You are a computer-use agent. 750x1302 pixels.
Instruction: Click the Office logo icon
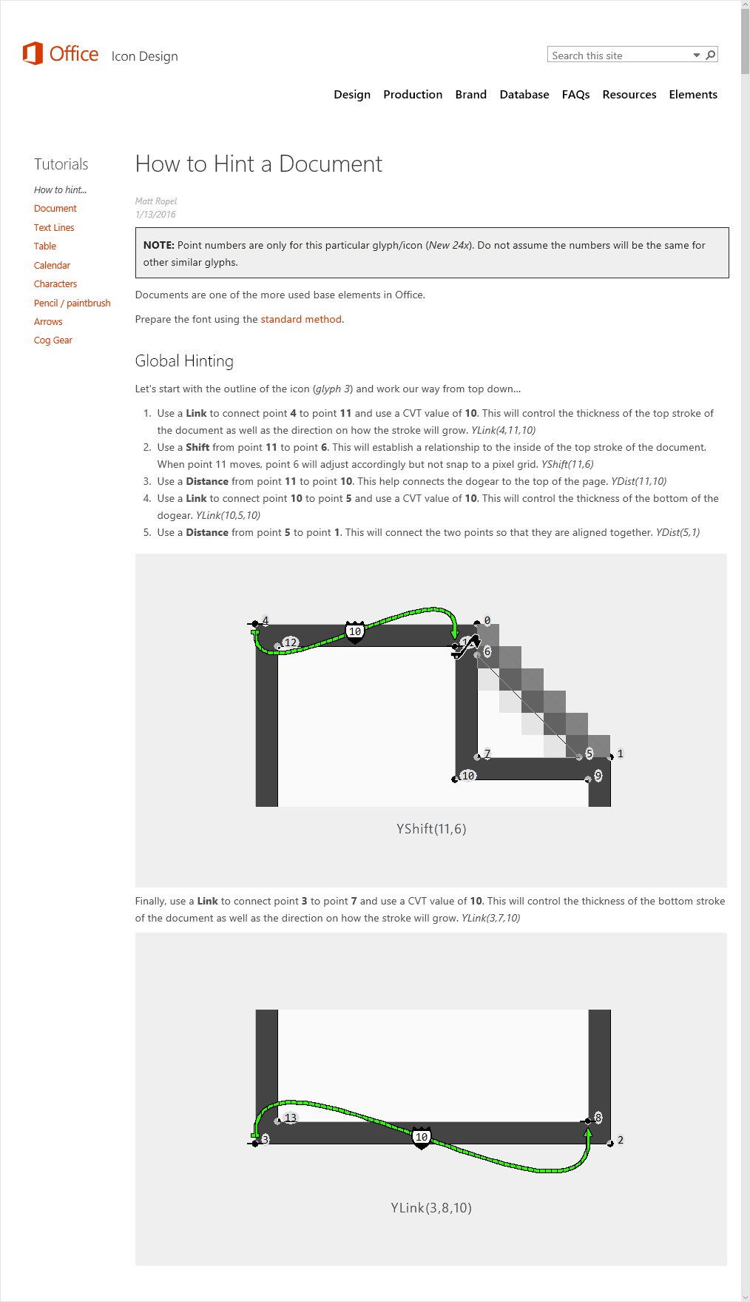33,53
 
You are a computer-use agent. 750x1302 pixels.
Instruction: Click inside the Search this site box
620,56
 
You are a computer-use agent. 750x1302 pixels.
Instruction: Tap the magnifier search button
711,55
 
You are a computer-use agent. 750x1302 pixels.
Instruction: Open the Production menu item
413,95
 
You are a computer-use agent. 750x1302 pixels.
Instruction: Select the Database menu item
524,95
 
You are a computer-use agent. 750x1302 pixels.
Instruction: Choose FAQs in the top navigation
575,95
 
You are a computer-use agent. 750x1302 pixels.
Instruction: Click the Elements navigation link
693,95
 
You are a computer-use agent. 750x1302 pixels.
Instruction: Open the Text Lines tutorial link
54,228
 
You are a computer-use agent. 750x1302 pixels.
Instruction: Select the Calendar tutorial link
52,266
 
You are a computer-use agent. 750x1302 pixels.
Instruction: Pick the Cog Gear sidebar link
53,340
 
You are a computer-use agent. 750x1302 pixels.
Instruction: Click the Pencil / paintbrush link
72,303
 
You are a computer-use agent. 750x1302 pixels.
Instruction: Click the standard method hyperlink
301,320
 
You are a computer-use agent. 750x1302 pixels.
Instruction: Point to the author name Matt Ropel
156,201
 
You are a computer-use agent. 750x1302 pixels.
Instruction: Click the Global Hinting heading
184,361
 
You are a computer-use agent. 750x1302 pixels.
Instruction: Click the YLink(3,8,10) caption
431,1208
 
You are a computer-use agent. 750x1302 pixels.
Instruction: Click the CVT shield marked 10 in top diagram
355,632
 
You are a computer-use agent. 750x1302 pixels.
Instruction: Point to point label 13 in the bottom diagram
291,1118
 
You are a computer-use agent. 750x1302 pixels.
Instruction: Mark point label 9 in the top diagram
598,776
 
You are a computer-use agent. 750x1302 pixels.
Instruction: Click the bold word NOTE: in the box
158,245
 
